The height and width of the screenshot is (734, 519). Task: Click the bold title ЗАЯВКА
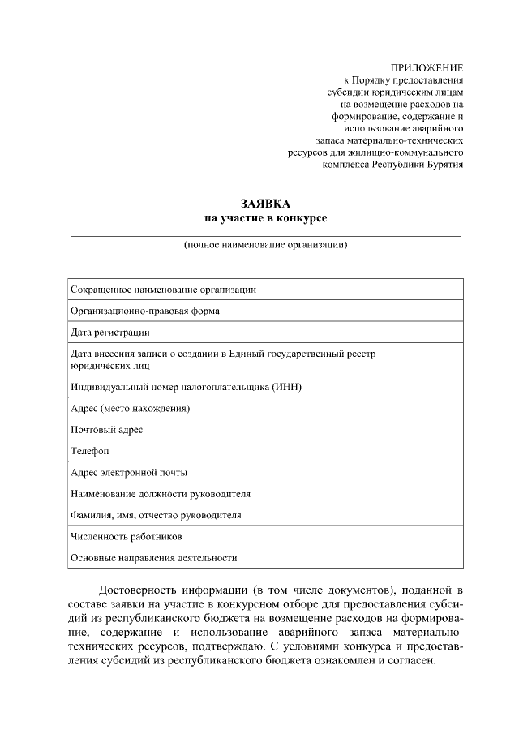264,204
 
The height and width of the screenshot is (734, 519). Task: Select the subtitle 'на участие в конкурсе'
264,218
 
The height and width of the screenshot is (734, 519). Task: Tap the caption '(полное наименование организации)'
265,244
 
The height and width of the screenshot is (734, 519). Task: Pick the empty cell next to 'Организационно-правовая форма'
439,311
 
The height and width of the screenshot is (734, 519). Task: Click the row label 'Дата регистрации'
110,333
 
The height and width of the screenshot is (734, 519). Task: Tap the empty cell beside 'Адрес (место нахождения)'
439,408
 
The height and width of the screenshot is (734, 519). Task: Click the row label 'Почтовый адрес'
106,430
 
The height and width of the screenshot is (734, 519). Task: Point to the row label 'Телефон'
90,451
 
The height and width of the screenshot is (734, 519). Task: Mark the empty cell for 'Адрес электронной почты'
439,472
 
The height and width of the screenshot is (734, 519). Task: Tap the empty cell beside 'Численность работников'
439,536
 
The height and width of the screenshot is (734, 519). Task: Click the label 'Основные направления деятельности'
154,558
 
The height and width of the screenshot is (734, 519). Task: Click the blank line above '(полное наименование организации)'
265,235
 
